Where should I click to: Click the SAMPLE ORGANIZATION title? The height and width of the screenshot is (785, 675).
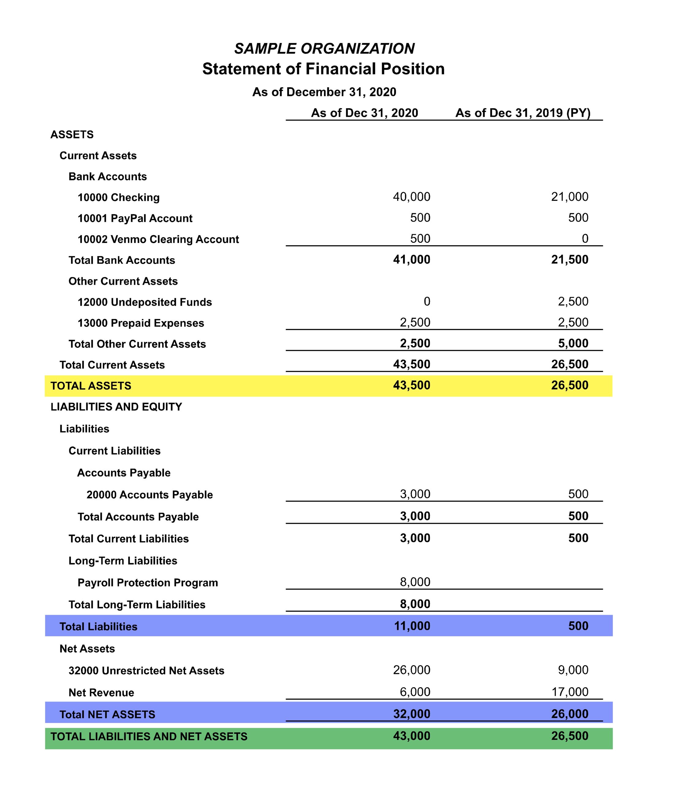[x=324, y=48]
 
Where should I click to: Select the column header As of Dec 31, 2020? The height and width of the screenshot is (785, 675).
[x=364, y=113]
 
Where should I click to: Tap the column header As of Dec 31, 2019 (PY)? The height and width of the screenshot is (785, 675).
[x=523, y=113]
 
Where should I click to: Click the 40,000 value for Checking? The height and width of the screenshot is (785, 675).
[x=411, y=197]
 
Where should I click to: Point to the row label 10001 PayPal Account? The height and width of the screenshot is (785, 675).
[x=135, y=218]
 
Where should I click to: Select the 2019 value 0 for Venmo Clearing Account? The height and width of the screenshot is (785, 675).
[x=585, y=238]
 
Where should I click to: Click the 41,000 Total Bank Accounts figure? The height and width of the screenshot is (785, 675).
[x=411, y=259]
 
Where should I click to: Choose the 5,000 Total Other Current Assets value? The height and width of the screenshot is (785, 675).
[x=573, y=343]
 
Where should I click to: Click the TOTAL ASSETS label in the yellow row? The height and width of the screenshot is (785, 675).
[x=91, y=386]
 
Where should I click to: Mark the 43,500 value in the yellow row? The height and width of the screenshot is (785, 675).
[x=411, y=385]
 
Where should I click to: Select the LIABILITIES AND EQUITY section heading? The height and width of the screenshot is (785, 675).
[x=116, y=407]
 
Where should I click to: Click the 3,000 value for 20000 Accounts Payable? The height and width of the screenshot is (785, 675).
[x=415, y=494]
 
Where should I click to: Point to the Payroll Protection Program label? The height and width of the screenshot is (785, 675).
[x=148, y=582]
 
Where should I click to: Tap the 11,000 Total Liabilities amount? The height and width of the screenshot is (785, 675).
[x=412, y=626]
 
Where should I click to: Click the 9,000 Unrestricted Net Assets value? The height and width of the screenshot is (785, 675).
[x=573, y=670]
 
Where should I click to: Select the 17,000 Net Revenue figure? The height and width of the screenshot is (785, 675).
[x=570, y=692]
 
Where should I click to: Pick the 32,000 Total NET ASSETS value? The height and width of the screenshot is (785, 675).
[x=411, y=714]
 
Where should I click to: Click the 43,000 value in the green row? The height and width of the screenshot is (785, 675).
[x=411, y=736]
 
